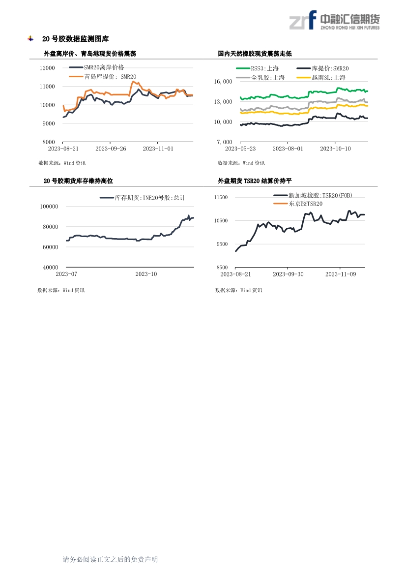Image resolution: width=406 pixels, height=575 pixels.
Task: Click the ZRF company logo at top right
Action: click(x=334, y=20)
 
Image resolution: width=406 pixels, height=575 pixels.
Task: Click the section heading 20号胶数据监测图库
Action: click(x=75, y=39)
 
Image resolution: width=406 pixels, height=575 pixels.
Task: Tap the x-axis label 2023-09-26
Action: click(x=111, y=148)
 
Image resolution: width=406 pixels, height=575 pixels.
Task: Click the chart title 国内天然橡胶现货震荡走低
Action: click(x=255, y=54)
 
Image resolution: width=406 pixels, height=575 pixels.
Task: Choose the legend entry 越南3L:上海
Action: click(x=328, y=77)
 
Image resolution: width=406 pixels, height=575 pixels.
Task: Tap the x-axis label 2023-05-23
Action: click(x=240, y=148)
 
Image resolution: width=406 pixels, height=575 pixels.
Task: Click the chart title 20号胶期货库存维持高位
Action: click(x=78, y=181)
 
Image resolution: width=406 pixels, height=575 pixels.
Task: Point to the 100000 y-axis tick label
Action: click(x=49, y=207)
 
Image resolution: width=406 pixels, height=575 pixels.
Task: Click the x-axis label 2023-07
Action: click(x=66, y=273)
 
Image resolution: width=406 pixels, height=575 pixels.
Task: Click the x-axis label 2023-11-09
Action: click(x=341, y=273)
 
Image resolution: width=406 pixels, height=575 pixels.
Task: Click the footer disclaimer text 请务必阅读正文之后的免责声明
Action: click(x=110, y=559)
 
